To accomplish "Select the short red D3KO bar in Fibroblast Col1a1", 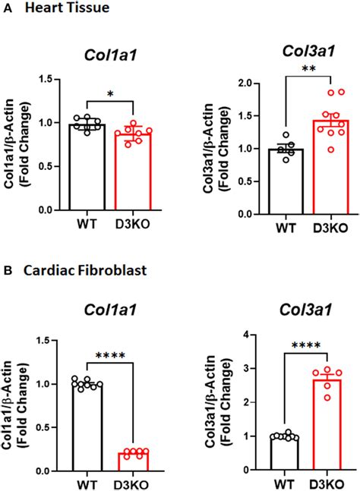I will point(137,462).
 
